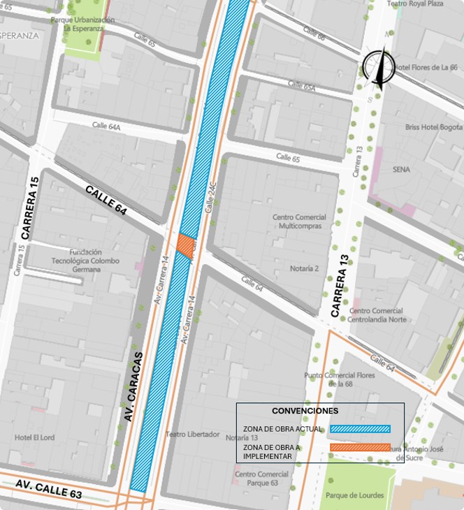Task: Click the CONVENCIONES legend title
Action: (x=305, y=411)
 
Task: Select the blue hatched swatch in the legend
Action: (x=360, y=429)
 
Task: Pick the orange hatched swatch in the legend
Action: (x=360, y=447)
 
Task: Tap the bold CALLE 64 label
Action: (x=106, y=200)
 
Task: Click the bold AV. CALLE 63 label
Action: (x=49, y=489)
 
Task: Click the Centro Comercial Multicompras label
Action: (x=299, y=221)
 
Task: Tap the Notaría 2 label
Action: (x=304, y=268)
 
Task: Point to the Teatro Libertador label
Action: (x=193, y=434)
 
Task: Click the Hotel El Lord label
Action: (x=34, y=437)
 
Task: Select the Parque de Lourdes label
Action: (x=354, y=495)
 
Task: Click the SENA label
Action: (x=401, y=170)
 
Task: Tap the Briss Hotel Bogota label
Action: (x=433, y=128)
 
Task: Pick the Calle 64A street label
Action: (x=106, y=126)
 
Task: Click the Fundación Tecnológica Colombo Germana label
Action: (x=94, y=261)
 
